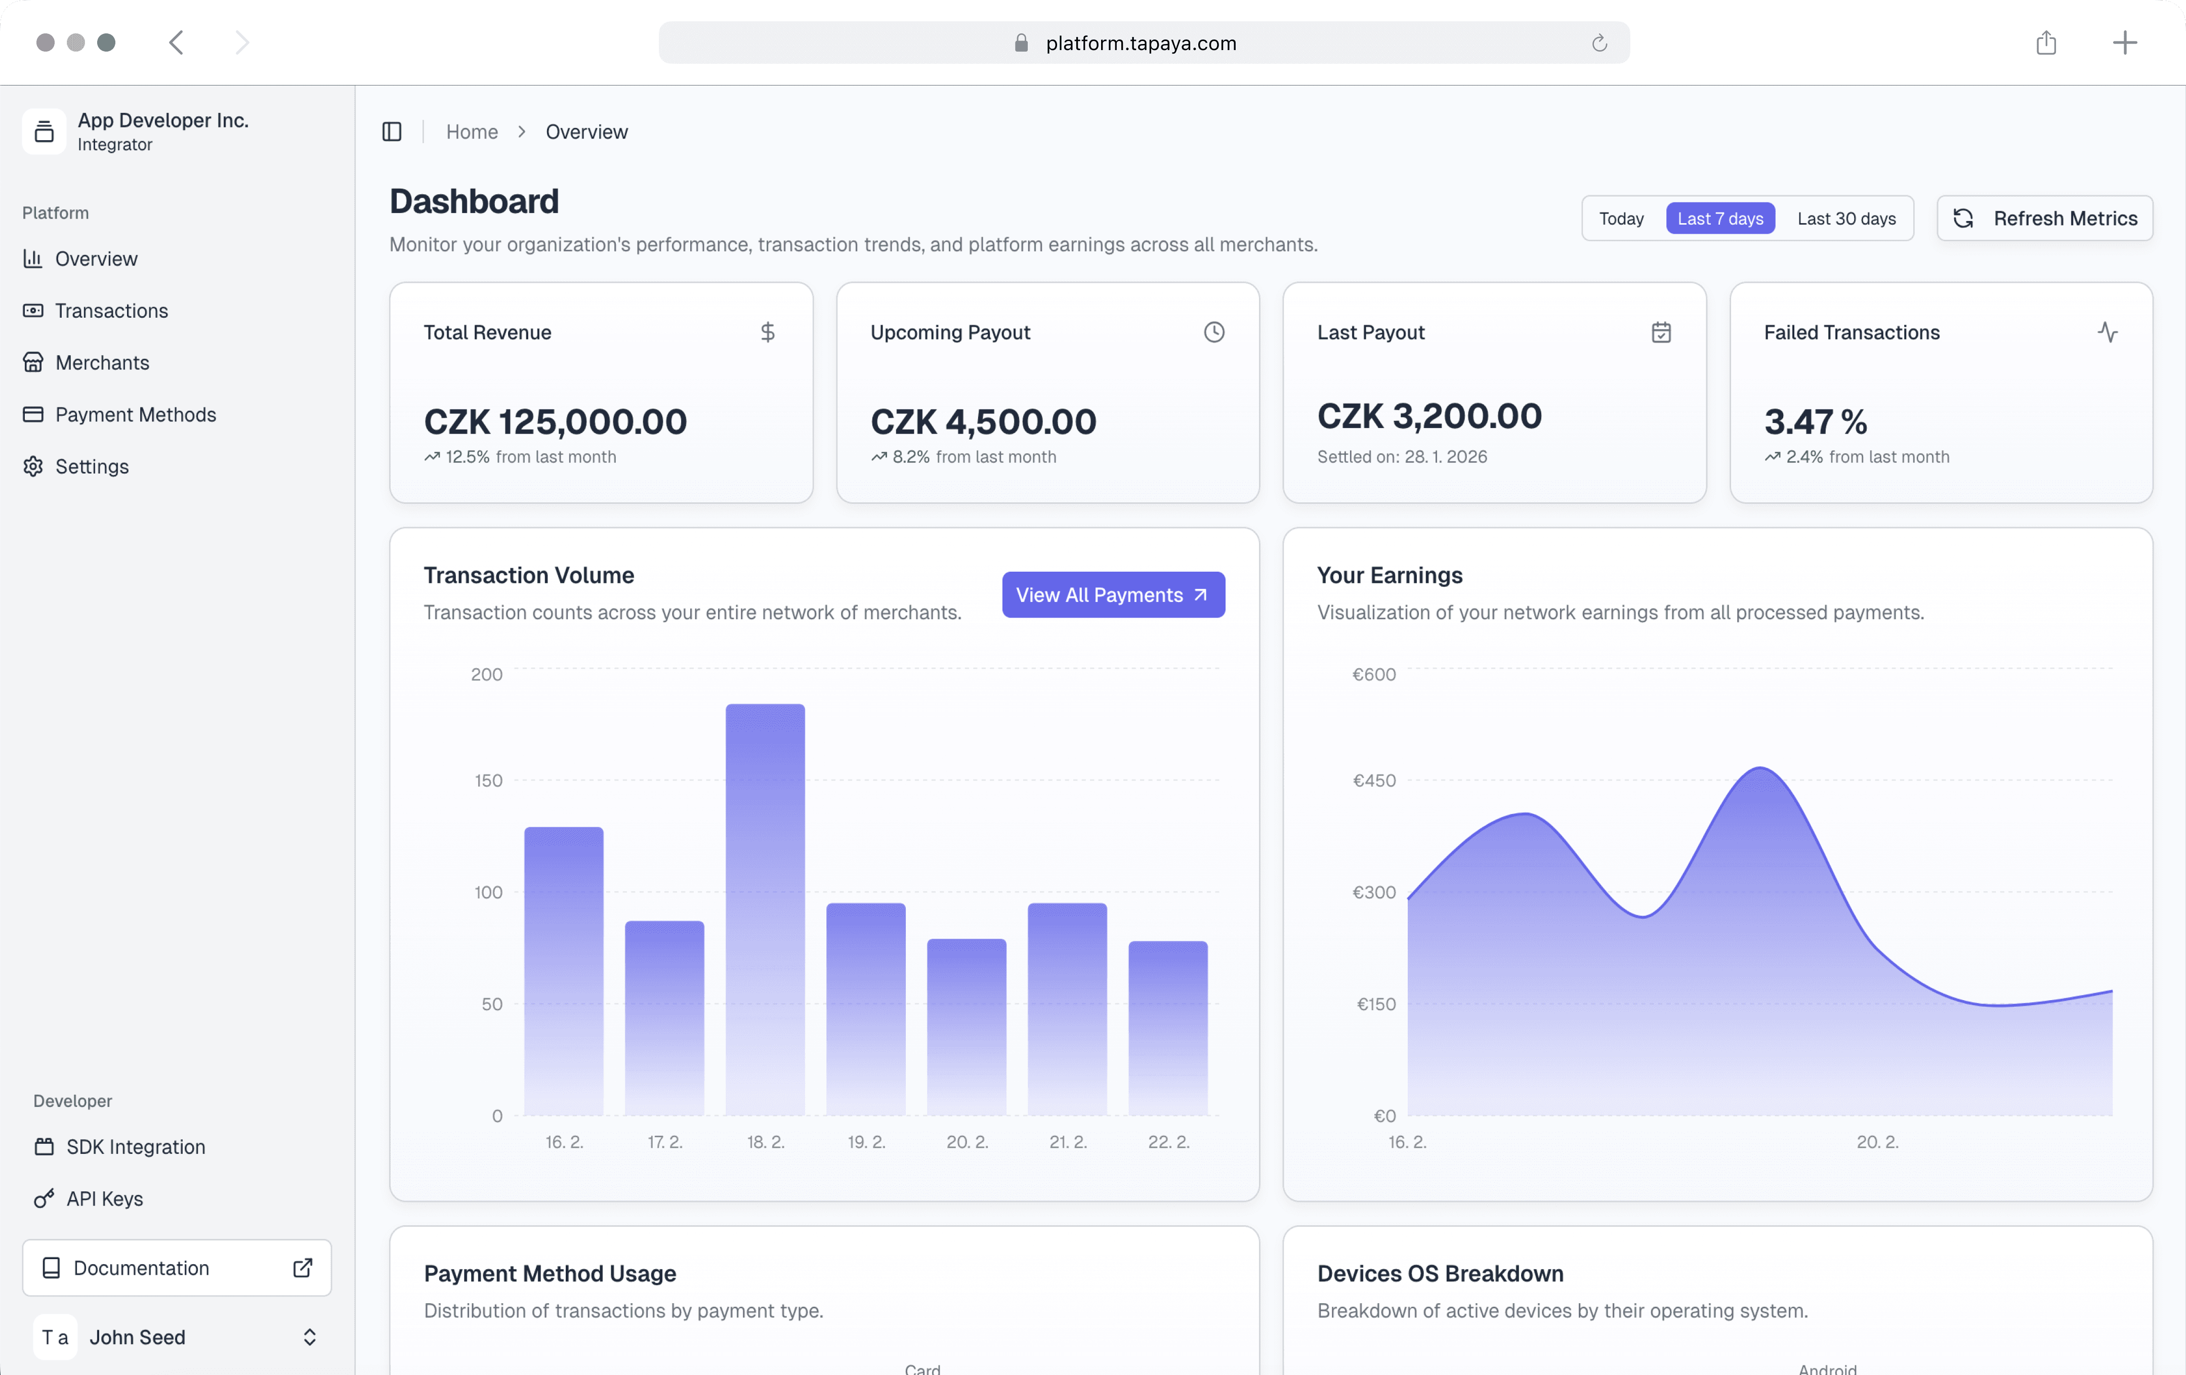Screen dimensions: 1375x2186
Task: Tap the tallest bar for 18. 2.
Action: pyautogui.click(x=765, y=908)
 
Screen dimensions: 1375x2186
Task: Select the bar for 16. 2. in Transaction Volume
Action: pyautogui.click(x=564, y=971)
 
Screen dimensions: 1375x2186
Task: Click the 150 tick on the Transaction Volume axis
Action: pyautogui.click(x=488, y=781)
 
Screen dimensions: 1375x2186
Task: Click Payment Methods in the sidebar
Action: pyautogui.click(x=135, y=415)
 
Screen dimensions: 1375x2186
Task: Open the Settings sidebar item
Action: pyautogui.click(x=92, y=466)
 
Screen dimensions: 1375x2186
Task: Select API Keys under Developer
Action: pyautogui.click(x=104, y=1199)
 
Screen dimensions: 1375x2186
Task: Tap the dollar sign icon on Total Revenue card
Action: pyautogui.click(x=767, y=332)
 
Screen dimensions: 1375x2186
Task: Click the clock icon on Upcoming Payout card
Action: pyautogui.click(x=1214, y=332)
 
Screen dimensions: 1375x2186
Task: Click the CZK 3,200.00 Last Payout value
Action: pyautogui.click(x=1429, y=416)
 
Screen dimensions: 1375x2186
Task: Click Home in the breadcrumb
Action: pyautogui.click(x=471, y=132)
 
